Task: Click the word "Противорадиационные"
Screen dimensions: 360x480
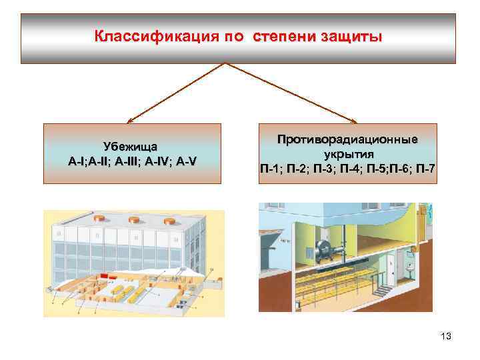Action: click(x=348, y=139)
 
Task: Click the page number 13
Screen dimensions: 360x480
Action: click(x=445, y=337)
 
